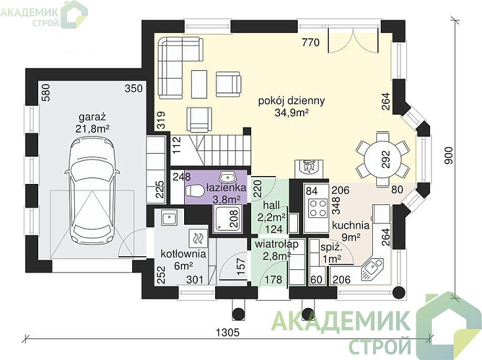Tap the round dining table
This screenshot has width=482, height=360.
(x=383, y=159)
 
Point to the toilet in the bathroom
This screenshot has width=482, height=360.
(x=195, y=191)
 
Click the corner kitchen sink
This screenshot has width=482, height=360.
(x=372, y=269)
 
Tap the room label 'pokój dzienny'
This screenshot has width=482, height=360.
(x=291, y=101)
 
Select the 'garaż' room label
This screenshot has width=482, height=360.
(x=93, y=117)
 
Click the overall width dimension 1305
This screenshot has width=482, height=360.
(x=228, y=332)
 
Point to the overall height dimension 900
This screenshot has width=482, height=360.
(x=449, y=156)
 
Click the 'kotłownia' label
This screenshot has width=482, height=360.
(x=183, y=254)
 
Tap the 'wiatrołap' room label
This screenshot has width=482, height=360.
(x=276, y=244)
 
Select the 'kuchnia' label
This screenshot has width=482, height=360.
(x=350, y=225)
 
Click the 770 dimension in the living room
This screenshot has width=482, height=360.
(x=310, y=42)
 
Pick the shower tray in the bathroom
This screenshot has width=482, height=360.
(x=227, y=219)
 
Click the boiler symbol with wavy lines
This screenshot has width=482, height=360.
(x=198, y=238)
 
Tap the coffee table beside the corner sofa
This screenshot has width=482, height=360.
(x=199, y=84)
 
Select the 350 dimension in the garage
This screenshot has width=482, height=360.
(x=133, y=89)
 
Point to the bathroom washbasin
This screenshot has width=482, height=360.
(x=228, y=177)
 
